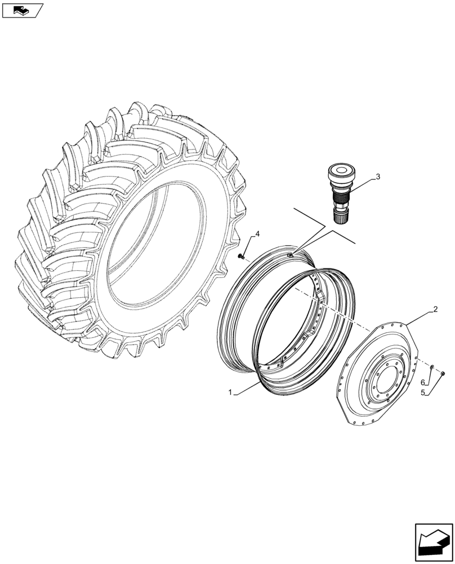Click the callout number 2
click(x=435, y=310)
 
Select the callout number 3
click(x=378, y=177)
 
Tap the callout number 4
click(x=257, y=233)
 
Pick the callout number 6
click(x=422, y=383)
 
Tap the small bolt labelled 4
click(x=241, y=257)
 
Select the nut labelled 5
click(x=443, y=372)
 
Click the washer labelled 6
click(x=431, y=368)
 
